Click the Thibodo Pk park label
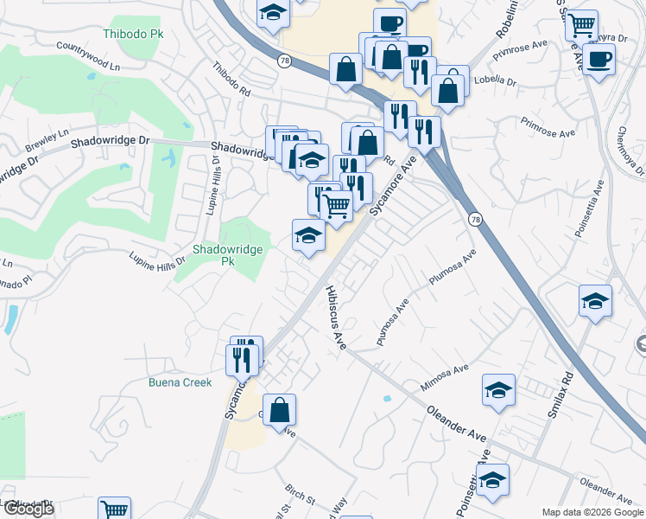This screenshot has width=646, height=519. (133, 34)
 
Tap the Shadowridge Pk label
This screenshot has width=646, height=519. (226, 254)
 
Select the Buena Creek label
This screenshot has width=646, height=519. (180, 381)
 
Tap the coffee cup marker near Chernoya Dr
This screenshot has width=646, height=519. (598, 60)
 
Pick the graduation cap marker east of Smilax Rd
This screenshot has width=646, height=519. (596, 301)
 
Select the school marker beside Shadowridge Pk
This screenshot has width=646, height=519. (308, 234)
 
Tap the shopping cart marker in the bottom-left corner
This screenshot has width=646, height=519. (114, 509)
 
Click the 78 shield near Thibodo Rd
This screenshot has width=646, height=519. (284, 61)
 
